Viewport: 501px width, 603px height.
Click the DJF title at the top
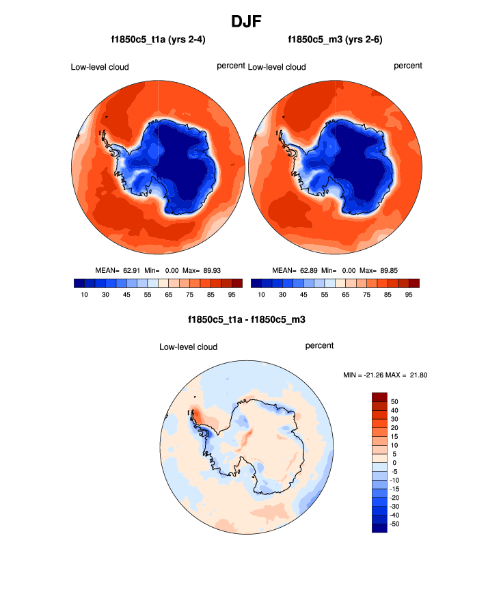tap(251, 21)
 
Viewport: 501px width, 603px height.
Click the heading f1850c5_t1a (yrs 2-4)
tap(159, 40)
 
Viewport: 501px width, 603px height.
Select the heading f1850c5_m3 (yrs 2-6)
tap(336, 40)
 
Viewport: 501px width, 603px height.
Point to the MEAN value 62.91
tap(133, 271)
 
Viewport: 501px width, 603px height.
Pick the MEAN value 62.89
tap(311, 271)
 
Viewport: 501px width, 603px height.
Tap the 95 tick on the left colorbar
tap(232, 295)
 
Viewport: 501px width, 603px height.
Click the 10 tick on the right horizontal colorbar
tap(262, 295)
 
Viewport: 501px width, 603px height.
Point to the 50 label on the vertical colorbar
tap(394, 401)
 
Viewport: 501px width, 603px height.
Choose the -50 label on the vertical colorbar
tap(395, 523)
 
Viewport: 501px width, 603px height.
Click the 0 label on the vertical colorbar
tap(394, 463)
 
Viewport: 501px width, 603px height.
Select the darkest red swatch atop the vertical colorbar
tap(379, 397)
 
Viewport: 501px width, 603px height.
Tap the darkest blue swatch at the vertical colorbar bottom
tap(379, 527)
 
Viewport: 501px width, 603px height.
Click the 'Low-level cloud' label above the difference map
tap(188, 347)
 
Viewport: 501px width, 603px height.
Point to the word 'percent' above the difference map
tap(319, 346)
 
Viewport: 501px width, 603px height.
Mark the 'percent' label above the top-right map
tap(408, 66)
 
